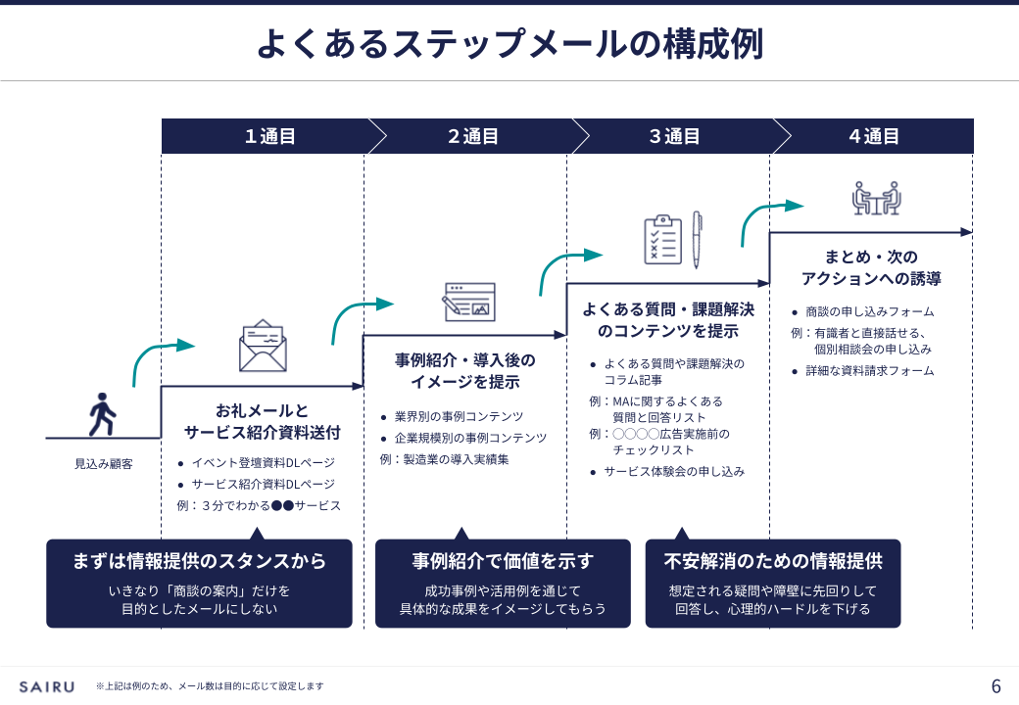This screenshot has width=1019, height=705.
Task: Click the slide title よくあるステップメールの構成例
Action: click(509, 44)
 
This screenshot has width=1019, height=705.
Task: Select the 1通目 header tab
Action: click(269, 136)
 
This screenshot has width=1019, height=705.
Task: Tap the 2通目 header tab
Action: click(472, 136)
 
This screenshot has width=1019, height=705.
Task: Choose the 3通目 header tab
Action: click(674, 136)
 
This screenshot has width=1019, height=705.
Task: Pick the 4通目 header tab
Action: click(874, 136)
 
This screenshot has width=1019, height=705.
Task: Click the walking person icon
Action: click(102, 414)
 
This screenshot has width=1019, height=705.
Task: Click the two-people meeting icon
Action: click(876, 198)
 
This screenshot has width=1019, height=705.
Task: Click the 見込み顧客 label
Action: click(104, 463)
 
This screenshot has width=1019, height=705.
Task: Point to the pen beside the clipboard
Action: click(697, 240)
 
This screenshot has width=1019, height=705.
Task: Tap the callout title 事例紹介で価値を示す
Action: click(503, 561)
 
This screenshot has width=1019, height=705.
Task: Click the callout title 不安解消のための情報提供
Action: click(773, 561)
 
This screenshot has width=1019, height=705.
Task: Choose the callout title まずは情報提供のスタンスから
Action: click(199, 561)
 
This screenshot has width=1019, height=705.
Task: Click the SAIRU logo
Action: click(46, 686)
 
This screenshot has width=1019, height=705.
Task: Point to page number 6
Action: click(996, 685)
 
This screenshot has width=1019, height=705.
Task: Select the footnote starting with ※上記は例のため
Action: click(210, 686)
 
